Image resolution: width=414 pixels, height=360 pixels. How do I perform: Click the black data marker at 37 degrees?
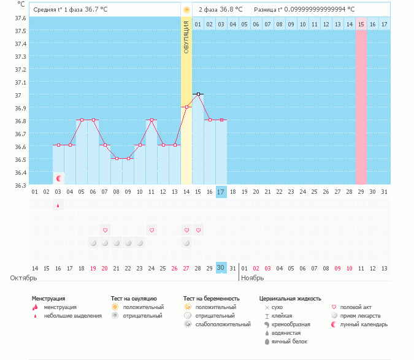click(198, 94)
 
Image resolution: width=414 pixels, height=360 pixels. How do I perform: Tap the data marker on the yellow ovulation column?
click(186, 107)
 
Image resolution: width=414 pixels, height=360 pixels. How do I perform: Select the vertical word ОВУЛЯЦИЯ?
click(186, 36)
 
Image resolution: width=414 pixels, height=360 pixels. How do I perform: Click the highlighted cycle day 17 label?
click(221, 192)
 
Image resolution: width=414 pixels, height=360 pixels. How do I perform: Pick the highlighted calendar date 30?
click(221, 267)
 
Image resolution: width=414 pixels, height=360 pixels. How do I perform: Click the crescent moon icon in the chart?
click(59, 178)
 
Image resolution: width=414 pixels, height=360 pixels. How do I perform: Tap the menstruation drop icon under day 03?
click(58, 205)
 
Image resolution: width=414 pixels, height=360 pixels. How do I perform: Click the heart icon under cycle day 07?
click(105, 230)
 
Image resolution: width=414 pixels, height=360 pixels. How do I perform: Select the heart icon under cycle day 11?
click(151, 230)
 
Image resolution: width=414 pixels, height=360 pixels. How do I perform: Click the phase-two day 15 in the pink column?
click(361, 24)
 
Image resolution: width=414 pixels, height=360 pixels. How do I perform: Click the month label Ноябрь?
click(252, 278)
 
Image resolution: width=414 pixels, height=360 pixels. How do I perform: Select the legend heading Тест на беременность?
click(211, 299)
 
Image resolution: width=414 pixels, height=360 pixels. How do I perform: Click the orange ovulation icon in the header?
click(186, 10)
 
